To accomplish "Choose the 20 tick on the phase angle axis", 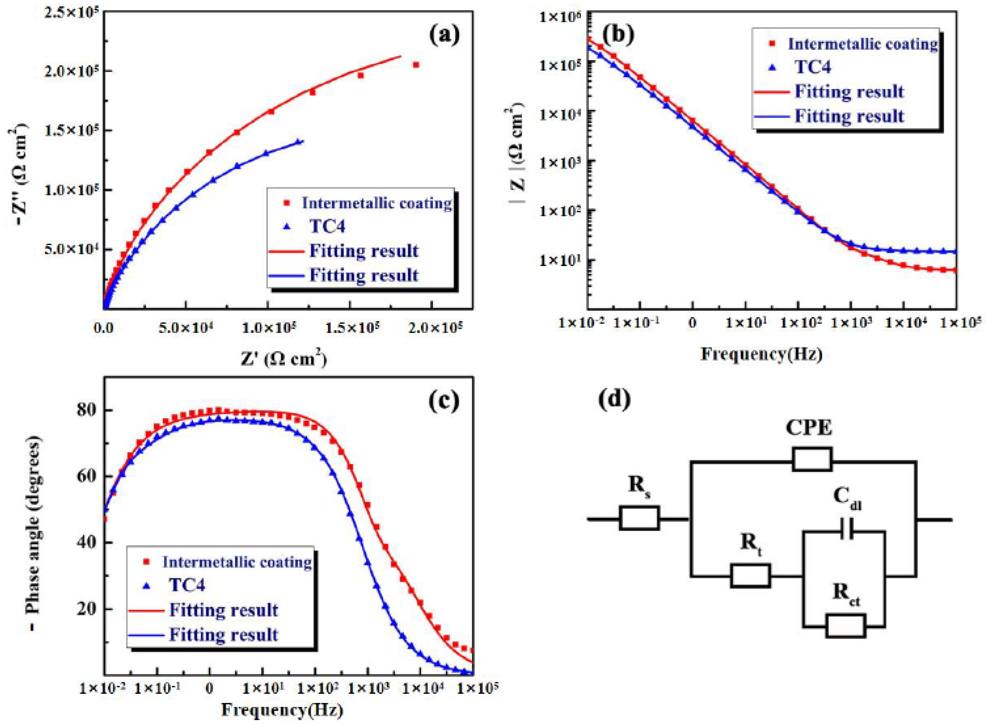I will (86, 609).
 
